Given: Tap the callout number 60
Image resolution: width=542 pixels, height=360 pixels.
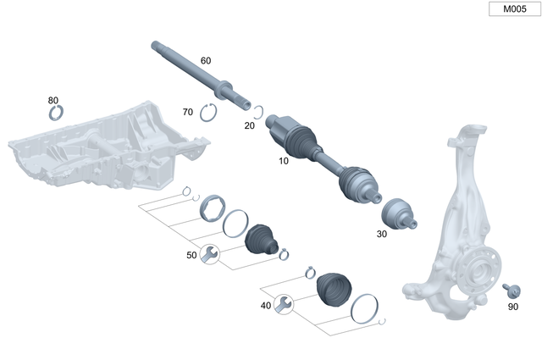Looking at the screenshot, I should coord(206,61).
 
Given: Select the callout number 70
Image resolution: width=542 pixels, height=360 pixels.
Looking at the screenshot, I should coord(188,112).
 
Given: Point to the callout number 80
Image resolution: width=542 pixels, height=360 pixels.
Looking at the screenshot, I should coord(53,100).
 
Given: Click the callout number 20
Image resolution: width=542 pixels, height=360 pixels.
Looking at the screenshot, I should coord(249,125).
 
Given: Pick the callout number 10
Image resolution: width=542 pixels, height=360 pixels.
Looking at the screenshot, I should coord(283,159).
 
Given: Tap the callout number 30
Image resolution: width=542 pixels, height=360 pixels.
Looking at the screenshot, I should coord(381,233).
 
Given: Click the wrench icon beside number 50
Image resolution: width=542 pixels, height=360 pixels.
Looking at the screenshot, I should coord(209,252).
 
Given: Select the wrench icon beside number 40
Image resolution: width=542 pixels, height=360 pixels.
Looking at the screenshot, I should coord(284,304).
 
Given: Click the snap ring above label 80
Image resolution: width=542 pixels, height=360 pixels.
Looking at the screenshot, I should coord(57,114).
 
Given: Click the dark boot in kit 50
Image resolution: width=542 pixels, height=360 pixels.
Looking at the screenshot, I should coord(262,240).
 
